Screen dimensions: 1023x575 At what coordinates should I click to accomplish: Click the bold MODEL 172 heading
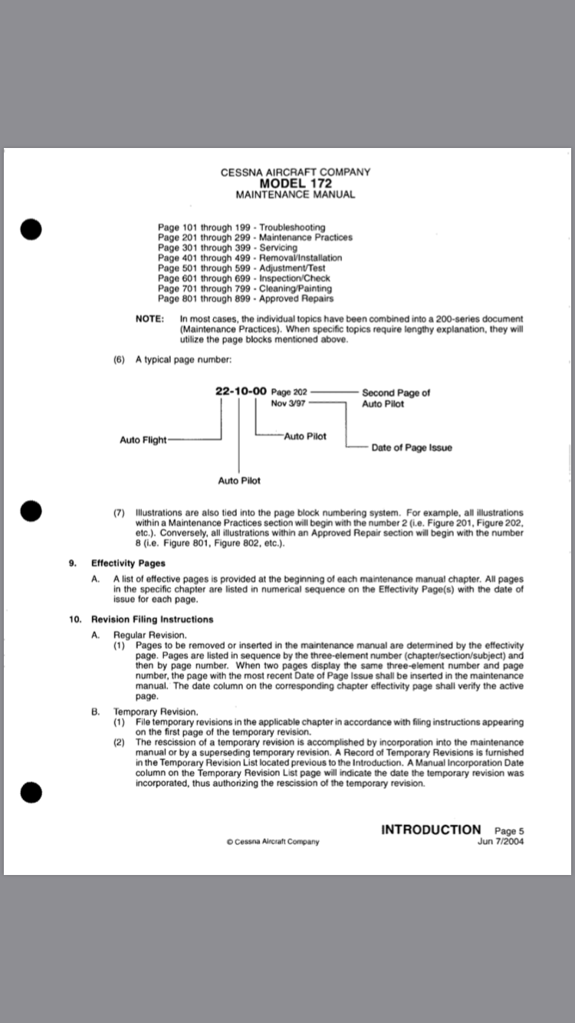point(295,183)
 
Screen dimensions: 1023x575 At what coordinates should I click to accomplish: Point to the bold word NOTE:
point(149,318)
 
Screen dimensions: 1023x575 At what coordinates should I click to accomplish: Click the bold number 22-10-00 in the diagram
point(241,391)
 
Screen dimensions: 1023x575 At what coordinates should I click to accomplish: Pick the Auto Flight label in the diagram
point(143,440)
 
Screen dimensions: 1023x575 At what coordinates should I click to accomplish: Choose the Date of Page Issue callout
point(412,448)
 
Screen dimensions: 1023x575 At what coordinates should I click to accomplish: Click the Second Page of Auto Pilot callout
point(396,398)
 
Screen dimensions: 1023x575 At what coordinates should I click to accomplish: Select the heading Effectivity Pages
point(128,563)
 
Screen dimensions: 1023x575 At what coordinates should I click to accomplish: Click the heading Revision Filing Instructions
point(152,619)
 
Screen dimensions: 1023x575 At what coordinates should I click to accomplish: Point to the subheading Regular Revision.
point(149,635)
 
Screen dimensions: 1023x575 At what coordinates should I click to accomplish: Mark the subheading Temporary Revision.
point(155,712)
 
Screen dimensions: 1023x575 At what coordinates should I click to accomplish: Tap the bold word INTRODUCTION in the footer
point(431,829)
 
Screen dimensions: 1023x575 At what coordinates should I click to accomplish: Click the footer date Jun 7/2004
point(501,841)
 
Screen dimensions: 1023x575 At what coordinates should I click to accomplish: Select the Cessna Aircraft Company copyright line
point(273,841)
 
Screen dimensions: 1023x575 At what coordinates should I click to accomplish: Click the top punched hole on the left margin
point(30,229)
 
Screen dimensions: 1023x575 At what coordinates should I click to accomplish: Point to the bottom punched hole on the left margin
point(30,793)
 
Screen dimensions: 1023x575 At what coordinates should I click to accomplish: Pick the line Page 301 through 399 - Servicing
point(228,248)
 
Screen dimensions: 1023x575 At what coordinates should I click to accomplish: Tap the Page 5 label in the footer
point(510,831)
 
